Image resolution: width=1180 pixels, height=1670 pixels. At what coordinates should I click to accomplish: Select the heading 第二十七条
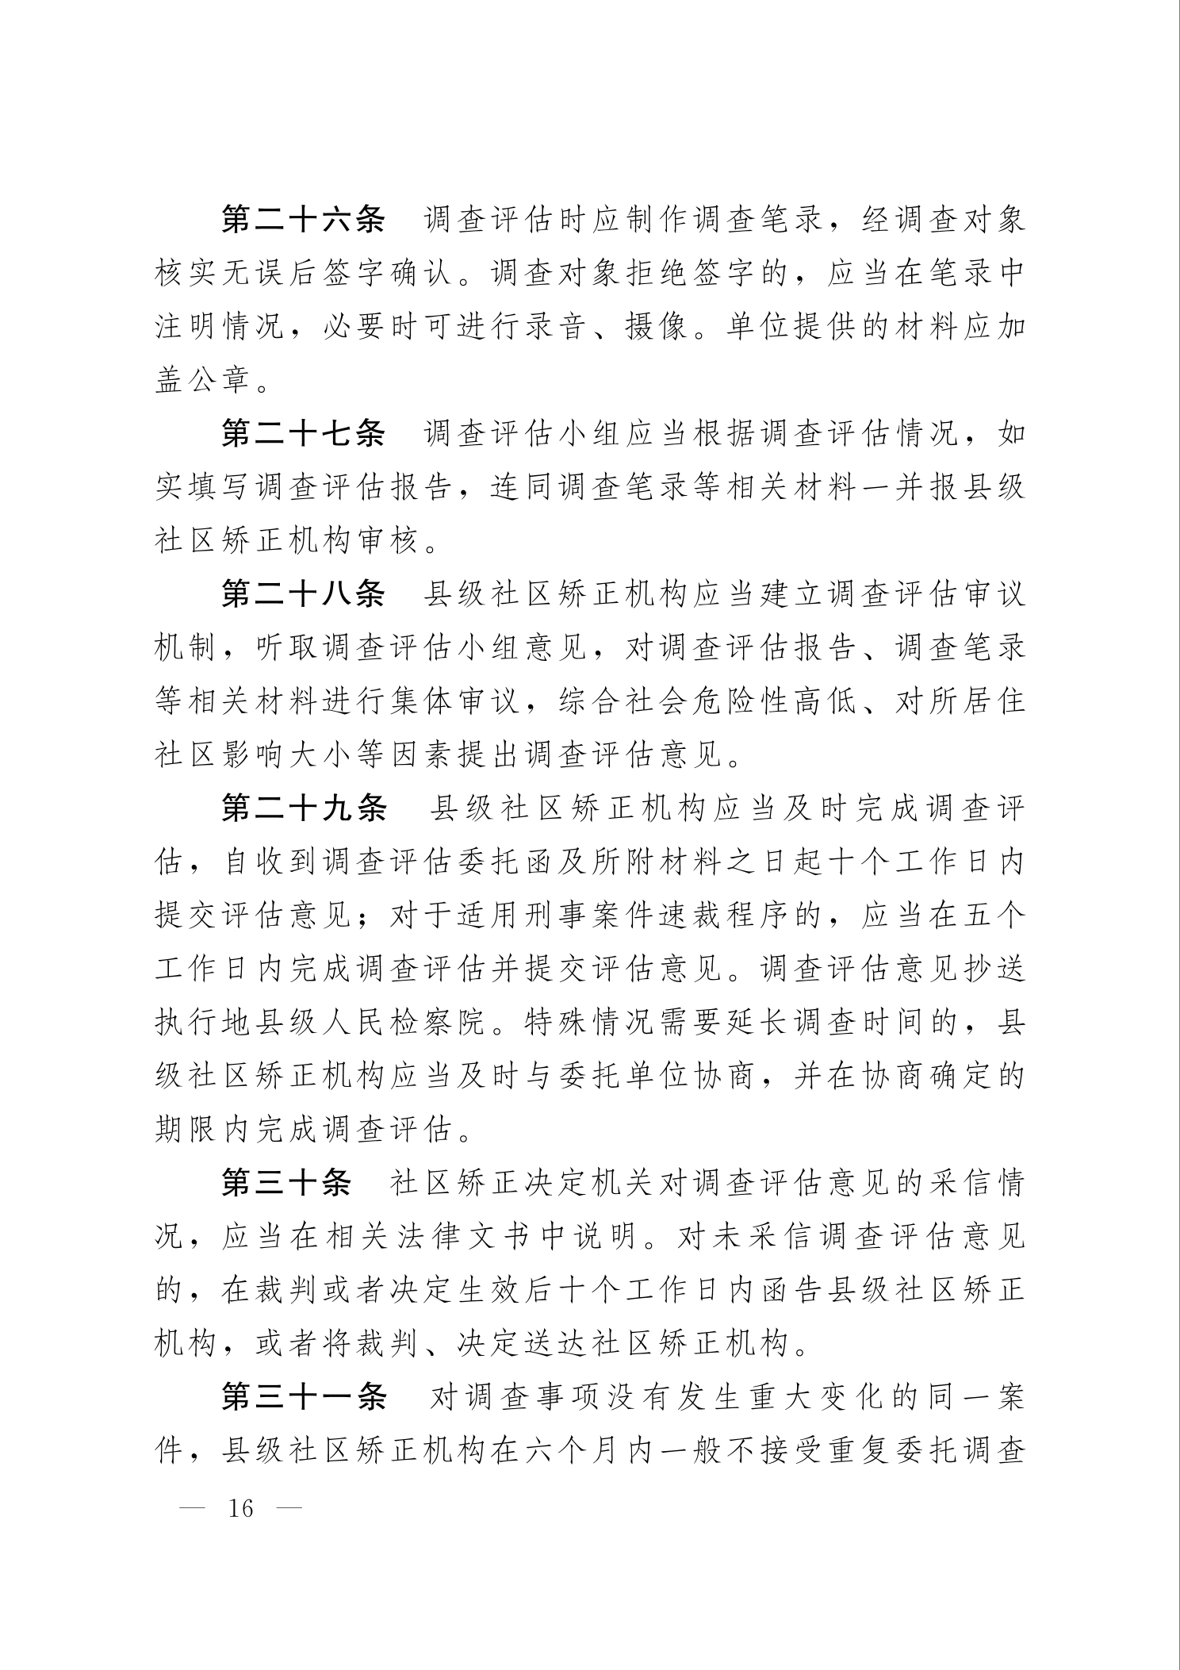point(303,434)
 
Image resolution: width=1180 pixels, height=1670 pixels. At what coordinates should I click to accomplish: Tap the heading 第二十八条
point(303,594)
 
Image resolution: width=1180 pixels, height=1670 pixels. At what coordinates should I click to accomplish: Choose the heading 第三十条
point(286,1183)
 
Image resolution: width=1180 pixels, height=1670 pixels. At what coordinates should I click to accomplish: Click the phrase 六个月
point(574,1451)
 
